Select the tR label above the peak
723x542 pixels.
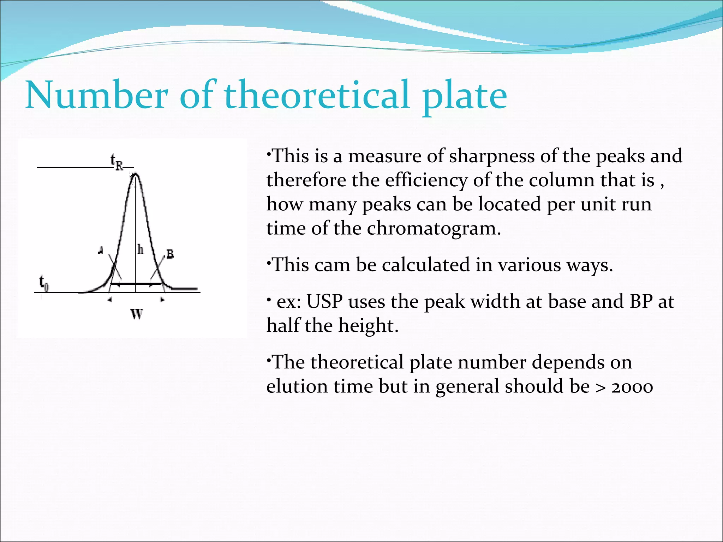(x=117, y=162)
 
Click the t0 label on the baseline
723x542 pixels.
(x=44, y=283)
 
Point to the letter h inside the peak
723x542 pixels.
(x=141, y=250)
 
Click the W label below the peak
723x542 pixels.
(x=137, y=314)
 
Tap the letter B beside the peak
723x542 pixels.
(x=170, y=254)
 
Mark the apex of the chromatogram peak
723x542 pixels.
(x=135, y=174)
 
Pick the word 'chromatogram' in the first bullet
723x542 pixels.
(x=434, y=228)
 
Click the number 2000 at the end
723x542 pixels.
(x=632, y=387)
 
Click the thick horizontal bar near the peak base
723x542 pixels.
(x=136, y=283)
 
